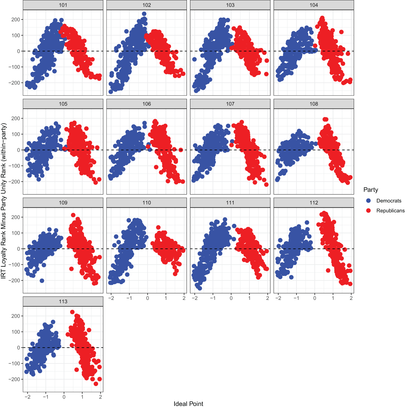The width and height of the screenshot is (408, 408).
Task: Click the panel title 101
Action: point(63,5)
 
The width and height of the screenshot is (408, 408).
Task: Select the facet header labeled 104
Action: point(314,5)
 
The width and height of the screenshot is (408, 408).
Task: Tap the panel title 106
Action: point(147,104)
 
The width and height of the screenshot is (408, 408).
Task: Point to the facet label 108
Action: point(314,104)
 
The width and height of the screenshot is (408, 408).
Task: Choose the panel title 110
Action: point(147,203)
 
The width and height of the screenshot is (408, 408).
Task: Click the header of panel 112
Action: point(314,203)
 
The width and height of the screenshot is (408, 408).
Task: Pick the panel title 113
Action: point(63,301)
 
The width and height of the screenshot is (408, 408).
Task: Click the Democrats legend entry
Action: point(389,201)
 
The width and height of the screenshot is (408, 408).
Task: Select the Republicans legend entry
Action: point(390,211)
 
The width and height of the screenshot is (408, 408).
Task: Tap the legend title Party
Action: point(371,190)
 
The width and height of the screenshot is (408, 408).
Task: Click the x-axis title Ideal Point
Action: point(188,404)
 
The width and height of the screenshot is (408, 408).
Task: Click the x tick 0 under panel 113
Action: point(64,397)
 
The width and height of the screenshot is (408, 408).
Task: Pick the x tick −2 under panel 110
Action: point(111,298)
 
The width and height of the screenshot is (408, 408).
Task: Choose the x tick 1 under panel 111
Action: point(249,298)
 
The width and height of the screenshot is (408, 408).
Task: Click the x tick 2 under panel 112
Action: point(351,298)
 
